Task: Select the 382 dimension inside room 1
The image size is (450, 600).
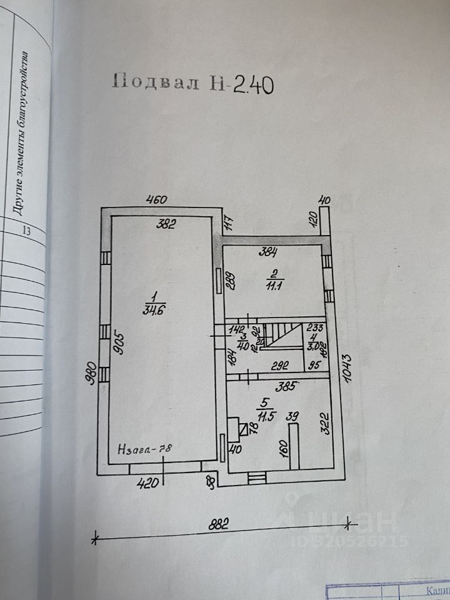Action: click(x=167, y=223)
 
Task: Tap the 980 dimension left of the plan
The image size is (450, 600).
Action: click(x=91, y=373)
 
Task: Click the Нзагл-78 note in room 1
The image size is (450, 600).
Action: click(x=145, y=448)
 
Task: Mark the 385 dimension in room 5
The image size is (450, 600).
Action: click(x=289, y=386)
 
